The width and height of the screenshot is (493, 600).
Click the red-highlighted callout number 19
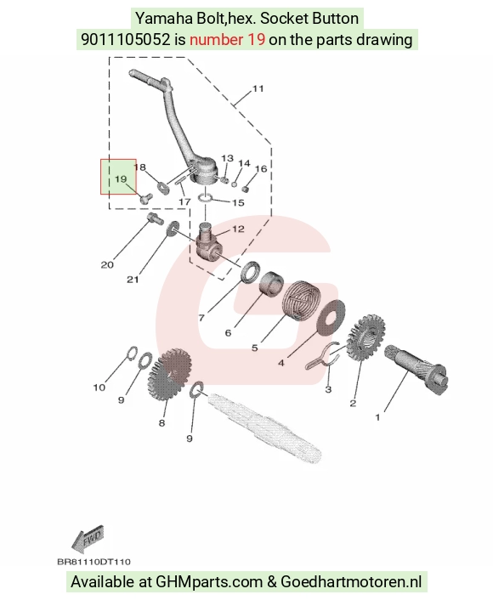click(x=121, y=178)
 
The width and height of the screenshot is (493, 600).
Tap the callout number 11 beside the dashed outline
click(x=258, y=88)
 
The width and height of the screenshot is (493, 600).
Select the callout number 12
click(x=238, y=229)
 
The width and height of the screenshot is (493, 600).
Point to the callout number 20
click(x=107, y=264)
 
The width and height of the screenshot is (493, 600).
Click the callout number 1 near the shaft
click(x=377, y=417)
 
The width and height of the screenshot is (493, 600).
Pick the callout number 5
click(x=254, y=348)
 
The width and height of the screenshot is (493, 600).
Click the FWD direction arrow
click(x=88, y=539)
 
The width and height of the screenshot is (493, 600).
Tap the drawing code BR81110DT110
click(x=93, y=562)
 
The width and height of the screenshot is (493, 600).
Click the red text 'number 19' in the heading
click(x=227, y=39)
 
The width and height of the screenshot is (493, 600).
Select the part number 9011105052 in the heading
click(x=125, y=39)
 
